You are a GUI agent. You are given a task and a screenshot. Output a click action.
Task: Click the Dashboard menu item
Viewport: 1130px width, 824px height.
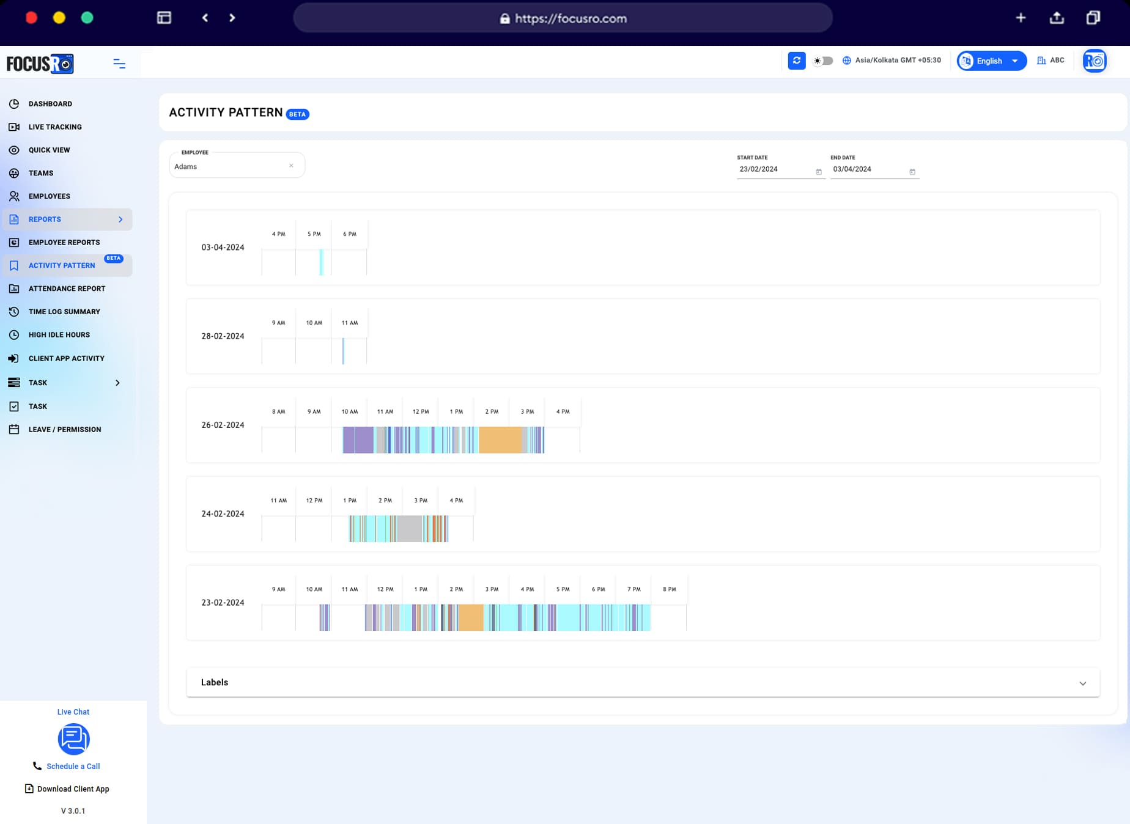50,104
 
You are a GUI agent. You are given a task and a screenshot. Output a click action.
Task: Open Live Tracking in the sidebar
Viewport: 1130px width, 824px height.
54,127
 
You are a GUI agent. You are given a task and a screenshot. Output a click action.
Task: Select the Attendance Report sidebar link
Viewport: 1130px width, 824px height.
67,289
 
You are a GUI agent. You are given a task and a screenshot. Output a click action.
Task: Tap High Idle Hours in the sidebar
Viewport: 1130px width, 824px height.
59,335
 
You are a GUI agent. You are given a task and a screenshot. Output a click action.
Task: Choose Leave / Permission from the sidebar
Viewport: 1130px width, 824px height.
64,430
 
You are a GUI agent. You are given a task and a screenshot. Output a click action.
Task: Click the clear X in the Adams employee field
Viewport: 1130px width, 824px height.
291,166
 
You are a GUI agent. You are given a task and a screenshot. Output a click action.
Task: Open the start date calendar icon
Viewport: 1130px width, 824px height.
818,172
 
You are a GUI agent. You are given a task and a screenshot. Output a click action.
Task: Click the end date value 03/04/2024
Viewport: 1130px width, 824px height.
852,169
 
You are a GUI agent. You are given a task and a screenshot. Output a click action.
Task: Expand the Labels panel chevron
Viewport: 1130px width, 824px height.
1082,683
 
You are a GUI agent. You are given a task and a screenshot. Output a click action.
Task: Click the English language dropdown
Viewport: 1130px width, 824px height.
991,61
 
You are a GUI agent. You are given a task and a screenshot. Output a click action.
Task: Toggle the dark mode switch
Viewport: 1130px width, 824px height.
823,61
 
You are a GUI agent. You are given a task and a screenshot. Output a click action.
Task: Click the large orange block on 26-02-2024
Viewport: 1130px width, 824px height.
500,440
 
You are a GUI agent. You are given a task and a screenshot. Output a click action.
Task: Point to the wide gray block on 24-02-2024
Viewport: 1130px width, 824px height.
409,529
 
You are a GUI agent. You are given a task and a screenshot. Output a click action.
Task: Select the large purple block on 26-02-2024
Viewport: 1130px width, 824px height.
358,440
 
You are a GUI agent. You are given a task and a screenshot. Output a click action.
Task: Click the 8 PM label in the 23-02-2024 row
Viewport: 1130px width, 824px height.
669,589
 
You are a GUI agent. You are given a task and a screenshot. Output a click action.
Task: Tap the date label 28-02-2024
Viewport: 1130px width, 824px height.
223,336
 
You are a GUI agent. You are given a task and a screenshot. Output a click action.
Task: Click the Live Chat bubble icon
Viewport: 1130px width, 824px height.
73,739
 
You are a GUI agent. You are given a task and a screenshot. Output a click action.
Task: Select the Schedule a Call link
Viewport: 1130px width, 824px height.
73,766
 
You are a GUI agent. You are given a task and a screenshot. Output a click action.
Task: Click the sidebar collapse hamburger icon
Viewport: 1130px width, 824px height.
119,64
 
